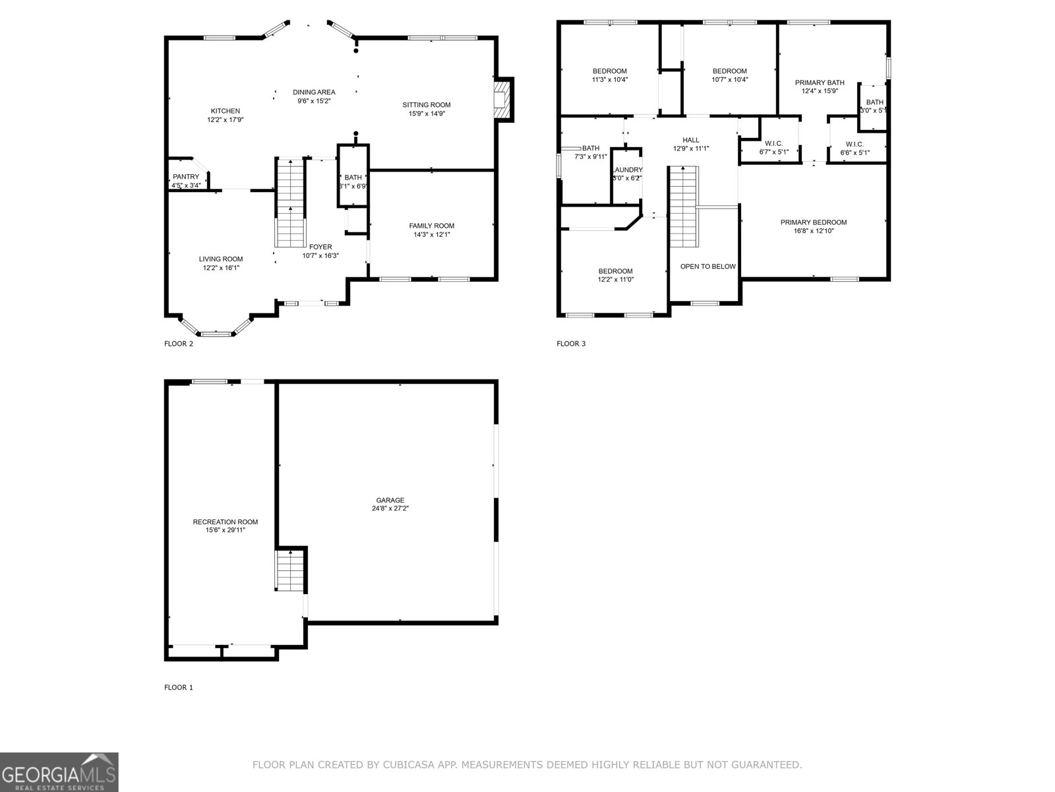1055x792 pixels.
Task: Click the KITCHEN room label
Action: click(x=225, y=111)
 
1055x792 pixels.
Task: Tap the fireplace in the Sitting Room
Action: click(x=504, y=100)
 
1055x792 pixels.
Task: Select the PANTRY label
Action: click(x=186, y=177)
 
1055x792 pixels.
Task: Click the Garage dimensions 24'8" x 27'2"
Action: click(x=390, y=509)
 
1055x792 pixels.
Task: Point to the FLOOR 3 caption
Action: click(x=570, y=344)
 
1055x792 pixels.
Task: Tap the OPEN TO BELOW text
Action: click(x=708, y=267)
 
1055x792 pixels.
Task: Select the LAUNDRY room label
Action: click(x=626, y=170)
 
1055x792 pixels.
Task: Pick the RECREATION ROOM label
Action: click(x=225, y=522)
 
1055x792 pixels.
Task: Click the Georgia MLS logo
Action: click(x=59, y=772)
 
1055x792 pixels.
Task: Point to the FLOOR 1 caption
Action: click(x=178, y=688)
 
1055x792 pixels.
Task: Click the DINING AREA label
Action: click(x=314, y=92)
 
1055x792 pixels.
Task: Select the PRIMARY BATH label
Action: click(x=819, y=82)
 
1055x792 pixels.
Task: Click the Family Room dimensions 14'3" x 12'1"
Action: click(x=431, y=235)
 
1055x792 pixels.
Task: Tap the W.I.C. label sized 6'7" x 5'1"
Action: click(x=773, y=143)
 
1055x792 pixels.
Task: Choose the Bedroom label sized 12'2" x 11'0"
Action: click(x=615, y=271)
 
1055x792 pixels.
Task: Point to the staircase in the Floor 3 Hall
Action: click(x=683, y=206)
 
